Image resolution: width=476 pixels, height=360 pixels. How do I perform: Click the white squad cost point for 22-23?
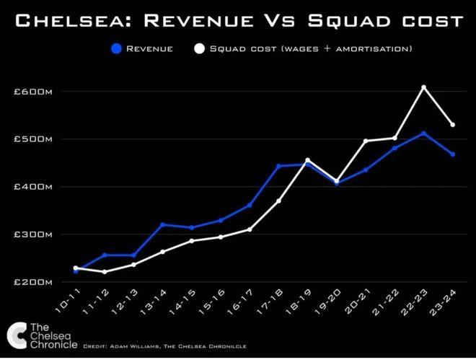[424, 87]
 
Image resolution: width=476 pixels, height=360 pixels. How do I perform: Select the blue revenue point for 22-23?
[424, 133]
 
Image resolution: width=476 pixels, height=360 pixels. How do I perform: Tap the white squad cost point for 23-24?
[453, 125]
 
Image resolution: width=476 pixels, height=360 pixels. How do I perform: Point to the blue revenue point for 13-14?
[162, 224]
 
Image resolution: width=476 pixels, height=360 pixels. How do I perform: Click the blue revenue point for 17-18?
[278, 166]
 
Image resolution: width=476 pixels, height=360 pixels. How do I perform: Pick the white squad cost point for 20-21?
[366, 141]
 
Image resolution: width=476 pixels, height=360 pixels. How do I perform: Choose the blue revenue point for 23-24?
[453, 154]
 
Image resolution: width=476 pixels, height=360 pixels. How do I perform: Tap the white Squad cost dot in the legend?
[200, 49]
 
